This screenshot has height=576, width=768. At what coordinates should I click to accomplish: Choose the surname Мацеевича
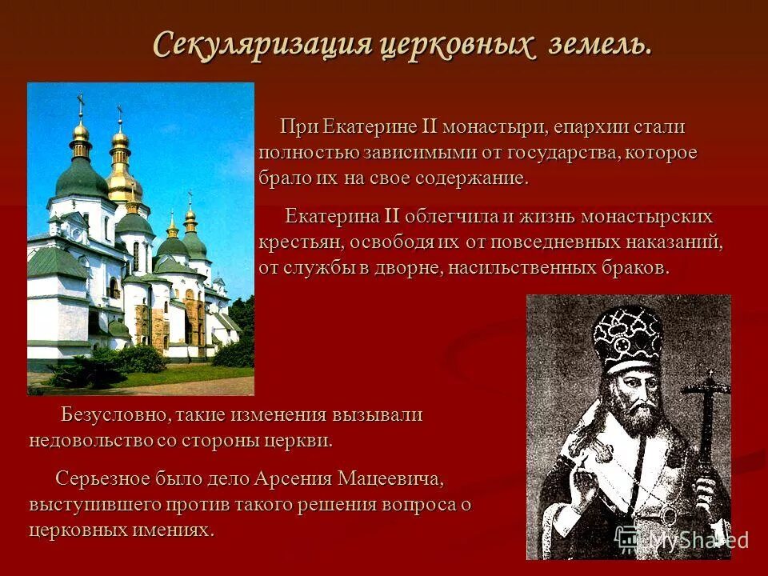point(390,479)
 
